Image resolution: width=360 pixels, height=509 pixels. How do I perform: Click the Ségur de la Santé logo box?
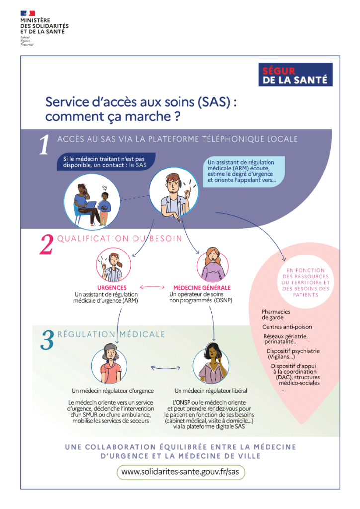295,75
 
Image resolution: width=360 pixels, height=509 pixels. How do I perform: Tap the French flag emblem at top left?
27,13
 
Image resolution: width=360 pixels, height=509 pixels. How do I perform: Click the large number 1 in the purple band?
44,145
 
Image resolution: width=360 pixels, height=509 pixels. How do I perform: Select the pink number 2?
46,244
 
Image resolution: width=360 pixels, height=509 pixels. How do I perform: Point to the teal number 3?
47,340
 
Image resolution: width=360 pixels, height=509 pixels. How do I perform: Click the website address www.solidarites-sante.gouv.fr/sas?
180,472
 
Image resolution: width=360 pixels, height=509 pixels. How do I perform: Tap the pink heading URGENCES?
112,288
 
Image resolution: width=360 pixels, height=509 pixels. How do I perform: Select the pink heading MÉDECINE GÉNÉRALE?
201,288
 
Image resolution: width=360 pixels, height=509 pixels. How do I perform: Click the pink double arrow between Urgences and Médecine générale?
152,287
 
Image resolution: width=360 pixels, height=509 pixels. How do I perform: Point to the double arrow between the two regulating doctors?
166,368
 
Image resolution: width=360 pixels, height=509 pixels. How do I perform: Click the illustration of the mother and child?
92,202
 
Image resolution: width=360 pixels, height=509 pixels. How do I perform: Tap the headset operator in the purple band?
174,192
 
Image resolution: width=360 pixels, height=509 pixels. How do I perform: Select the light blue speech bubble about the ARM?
244,171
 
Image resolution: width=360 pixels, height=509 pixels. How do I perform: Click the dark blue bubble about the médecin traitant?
106,162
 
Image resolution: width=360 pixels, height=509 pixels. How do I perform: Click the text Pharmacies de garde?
276,314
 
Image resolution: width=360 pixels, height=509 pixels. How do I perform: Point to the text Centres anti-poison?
287,327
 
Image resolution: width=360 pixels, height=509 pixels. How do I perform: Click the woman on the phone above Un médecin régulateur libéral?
211,364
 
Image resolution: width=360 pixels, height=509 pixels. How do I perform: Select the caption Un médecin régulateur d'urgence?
113,391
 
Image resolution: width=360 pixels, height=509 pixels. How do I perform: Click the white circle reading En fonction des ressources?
305,282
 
